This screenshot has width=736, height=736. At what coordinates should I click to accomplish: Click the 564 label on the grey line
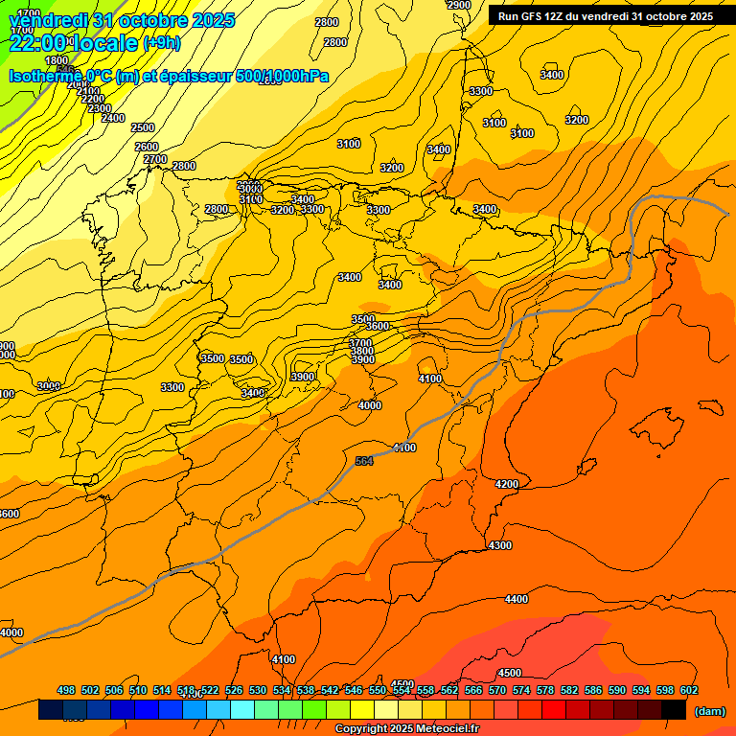(364, 461)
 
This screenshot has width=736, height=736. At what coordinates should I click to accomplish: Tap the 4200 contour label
(507, 484)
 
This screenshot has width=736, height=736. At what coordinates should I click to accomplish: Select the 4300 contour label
(500, 544)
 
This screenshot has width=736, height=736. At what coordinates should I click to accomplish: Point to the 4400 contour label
(517, 599)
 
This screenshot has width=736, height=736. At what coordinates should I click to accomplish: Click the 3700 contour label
(361, 342)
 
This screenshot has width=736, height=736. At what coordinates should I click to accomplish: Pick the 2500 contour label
(143, 127)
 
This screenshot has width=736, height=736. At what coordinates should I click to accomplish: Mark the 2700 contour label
(155, 159)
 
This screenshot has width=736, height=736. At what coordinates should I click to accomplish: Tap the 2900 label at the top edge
(459, 5)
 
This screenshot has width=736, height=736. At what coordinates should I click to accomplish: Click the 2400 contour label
(113, 118)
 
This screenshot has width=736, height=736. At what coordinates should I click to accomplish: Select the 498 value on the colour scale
(66, 690)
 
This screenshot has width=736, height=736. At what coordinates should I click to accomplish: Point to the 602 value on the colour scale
(689, 690)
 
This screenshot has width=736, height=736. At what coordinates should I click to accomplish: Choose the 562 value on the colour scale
(449, 690)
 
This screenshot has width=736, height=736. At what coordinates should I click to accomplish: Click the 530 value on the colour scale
(258, 690)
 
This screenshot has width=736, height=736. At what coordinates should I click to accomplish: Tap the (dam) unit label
(709, 710)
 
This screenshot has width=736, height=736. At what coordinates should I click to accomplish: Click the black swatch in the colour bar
(674, 709)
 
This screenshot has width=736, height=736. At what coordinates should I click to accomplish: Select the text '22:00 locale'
(73, 42)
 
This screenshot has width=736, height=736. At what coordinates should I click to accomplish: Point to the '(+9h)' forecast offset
(169, 43)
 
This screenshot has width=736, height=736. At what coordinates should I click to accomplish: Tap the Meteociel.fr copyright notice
(406, 729)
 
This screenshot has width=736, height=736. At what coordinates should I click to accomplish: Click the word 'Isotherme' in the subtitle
(44, 76)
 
